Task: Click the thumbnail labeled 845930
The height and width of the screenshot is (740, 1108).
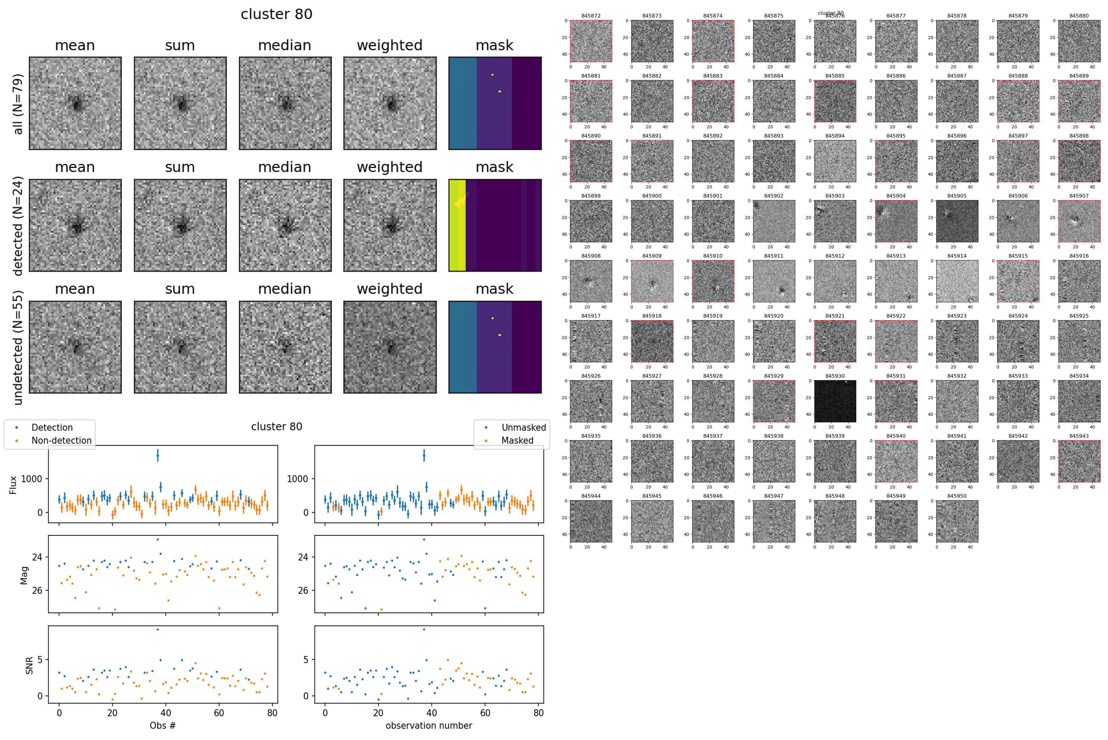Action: (x=834, y=401)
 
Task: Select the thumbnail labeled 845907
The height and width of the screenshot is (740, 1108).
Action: (x=1079, y=221)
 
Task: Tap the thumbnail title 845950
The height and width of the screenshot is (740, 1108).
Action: (x=957, y=496)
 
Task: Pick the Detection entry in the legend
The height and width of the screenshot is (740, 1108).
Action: (x=52, y=428)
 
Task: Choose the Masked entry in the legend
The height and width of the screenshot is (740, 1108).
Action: (x=517, y=440)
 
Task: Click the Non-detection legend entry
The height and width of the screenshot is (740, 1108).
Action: (x=61, y=440)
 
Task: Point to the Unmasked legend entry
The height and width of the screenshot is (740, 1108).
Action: (x=523, y=428)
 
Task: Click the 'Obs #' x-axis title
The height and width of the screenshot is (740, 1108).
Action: (x=163, y=725)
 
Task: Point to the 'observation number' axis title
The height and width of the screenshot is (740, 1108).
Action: (x=428, y=725)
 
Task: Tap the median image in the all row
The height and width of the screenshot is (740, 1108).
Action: (x=285, y=103)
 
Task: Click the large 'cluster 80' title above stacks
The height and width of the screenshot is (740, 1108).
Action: (x=276, y=14)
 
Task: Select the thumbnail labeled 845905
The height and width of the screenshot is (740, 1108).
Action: (x=957, y=221)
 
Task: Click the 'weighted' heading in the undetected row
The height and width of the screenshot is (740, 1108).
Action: (x=389, y=289)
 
